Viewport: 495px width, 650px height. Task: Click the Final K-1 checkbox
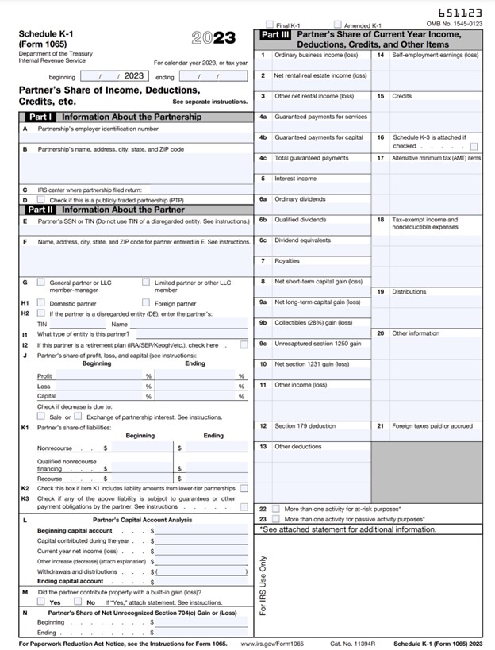[x=270, y=25]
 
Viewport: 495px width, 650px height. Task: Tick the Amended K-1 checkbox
[x=338, y=25]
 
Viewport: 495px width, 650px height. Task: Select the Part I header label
[x=40, y=117]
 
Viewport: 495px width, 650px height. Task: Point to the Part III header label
[x=278, y=35]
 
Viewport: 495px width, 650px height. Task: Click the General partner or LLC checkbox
[x=41, y=282]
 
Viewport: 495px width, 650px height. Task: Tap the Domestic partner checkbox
[x=41, y=302]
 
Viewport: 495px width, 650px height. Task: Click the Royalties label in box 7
[x=287, y=261]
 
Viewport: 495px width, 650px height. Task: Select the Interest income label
[x=295, y=179]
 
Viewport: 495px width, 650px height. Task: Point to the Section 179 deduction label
[x=305, y=426]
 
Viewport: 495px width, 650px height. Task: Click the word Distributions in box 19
[x=409, y=292]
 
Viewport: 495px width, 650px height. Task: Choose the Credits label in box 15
[x=402, y=96]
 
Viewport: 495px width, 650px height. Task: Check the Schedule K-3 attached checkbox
[x=474, y=146]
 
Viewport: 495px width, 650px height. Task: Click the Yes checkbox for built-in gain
[x=41, y=602]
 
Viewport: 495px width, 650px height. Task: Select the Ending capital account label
[x=70, y=581]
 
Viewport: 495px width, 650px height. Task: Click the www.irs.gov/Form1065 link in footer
[x=268, y=643]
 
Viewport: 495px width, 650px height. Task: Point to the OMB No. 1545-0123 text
[x=454, y=25]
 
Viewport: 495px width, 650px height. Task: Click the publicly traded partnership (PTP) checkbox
[x=41, y=199]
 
